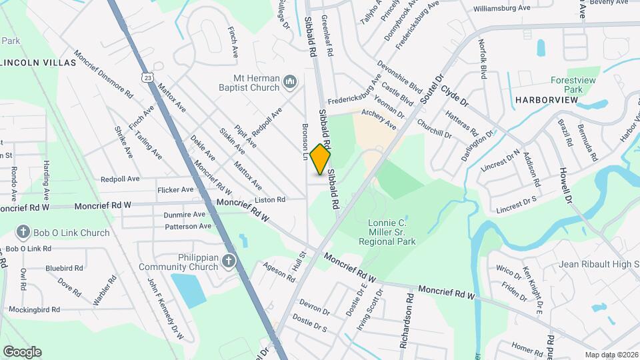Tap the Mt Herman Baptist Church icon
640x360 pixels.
coord(289,82)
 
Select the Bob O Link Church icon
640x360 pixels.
coord(23,233)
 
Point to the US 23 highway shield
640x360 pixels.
coord(147,77)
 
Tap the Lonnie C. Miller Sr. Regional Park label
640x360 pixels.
coord(392,231)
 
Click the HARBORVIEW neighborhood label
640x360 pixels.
coord(546,99)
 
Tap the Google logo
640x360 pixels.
coord(21,351)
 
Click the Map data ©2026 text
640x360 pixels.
coord(611,355)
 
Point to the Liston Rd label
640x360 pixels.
coord(270,199)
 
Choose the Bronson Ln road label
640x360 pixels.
coord(305,143)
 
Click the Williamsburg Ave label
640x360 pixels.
coord(501,9)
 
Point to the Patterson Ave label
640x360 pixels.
coord(188,227)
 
